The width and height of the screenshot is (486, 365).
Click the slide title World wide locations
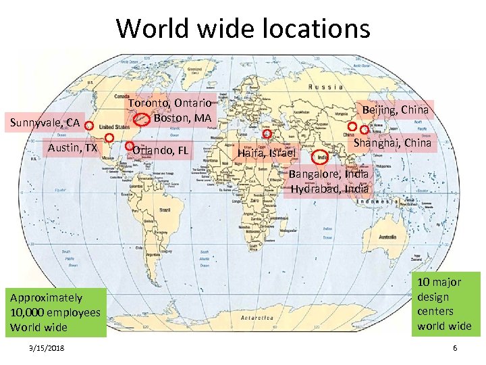point(243,28)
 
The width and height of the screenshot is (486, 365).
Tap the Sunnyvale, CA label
point(45,122)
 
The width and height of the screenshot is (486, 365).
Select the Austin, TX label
point(72,148)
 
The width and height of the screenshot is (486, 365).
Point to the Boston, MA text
point(183,118)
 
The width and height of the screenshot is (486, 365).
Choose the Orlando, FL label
point(161,150)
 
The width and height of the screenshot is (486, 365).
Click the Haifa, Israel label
point(267,153)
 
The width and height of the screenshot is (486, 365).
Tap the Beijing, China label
point(396,109)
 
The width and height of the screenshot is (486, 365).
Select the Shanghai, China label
point(392,143)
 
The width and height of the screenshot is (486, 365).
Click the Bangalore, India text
point(329,174)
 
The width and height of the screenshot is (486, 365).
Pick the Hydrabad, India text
point(329,189)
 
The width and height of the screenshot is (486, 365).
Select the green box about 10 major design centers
point(444,304)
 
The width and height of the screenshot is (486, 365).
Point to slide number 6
point(455,347)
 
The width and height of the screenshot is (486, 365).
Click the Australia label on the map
point(387,237)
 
